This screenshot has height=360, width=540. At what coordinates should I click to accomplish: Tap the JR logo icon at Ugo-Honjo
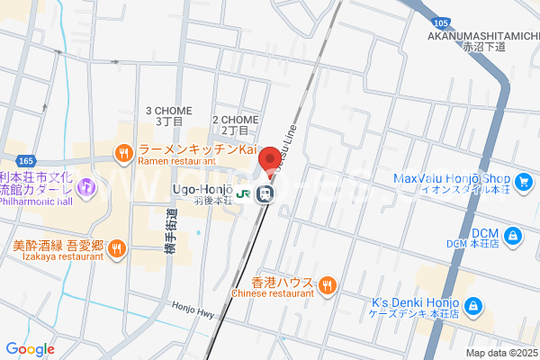[x=244, y=193]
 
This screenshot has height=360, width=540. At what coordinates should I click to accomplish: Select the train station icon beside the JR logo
[x=265, y=193]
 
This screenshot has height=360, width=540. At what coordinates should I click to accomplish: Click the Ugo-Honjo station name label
[x=202, y=189]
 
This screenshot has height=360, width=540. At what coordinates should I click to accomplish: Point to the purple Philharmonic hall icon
[x=85, y=188]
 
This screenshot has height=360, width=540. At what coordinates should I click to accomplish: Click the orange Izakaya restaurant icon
[x=117, y=250]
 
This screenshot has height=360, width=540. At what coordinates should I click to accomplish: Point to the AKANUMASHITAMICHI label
[x=482, y=35]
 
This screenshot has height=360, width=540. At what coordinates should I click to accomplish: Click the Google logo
[x=31, y=349]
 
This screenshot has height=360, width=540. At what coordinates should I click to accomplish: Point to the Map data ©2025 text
[x=500, y=353]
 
